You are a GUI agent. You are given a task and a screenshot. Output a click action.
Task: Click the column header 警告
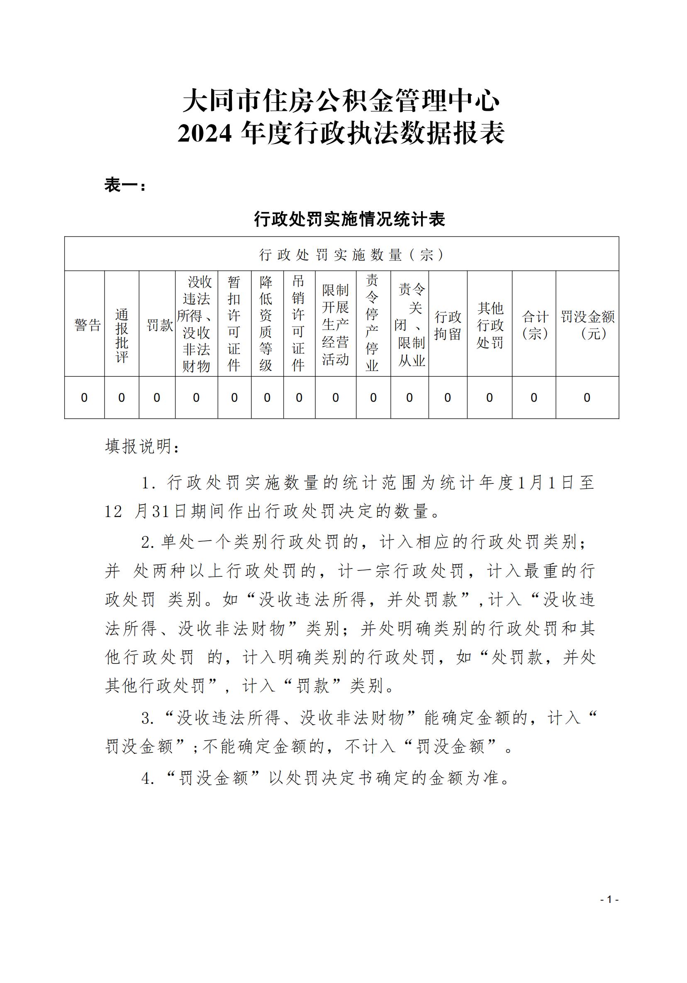pos(87,325)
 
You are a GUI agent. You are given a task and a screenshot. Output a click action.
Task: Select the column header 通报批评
pos(122,336)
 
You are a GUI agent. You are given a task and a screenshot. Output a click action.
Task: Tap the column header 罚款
pos(159,325)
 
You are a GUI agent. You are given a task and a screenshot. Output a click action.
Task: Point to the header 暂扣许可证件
pos(234,324)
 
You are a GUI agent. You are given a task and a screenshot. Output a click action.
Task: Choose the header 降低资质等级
pos(266,324)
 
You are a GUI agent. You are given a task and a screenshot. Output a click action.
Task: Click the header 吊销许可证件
pos(298,323)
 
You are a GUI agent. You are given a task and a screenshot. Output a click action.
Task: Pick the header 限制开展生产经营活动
pos(335,324)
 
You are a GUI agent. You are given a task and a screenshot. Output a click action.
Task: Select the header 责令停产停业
pos(372,323)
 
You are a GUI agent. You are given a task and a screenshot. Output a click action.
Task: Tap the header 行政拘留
pos(448,325)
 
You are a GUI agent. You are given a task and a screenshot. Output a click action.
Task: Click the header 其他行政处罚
pos(490,325)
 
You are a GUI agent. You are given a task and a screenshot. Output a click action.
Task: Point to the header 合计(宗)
pos(535,325)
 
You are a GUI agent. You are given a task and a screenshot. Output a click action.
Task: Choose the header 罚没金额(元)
pos(588,325)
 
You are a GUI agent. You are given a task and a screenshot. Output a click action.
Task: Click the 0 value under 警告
pos(84,398)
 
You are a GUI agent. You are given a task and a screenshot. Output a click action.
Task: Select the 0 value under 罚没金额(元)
pos(587,398)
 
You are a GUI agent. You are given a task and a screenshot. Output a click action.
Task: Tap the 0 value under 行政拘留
pos(448,398)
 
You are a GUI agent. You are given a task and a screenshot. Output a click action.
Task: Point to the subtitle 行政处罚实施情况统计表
pos(350,219)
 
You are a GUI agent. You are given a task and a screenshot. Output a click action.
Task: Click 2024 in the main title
pos(205,133)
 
